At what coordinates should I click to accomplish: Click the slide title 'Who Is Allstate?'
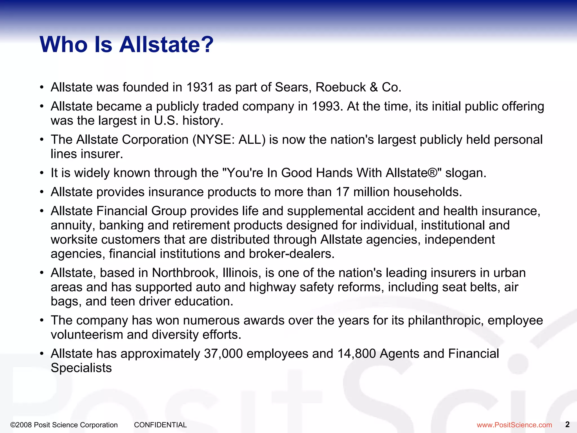coord(127,45)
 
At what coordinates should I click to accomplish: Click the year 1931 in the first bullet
coord(200,87)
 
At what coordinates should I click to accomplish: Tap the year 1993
coord(327,107)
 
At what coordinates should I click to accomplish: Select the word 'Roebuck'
coord(340,87)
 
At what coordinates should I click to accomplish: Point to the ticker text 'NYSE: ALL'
coord(229,140)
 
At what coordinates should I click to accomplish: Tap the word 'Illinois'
coord(240,273)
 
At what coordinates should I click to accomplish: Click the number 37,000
coord(223,354)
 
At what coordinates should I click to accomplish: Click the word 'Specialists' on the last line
coord(81,368)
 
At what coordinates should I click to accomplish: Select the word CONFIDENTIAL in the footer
coord(160,425)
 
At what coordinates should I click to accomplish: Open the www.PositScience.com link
coord(514,425)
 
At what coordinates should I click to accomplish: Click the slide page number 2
coord(567,424)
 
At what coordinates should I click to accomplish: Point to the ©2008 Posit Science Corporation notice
coord(64,425)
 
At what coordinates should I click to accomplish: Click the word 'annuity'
coord(73,226)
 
